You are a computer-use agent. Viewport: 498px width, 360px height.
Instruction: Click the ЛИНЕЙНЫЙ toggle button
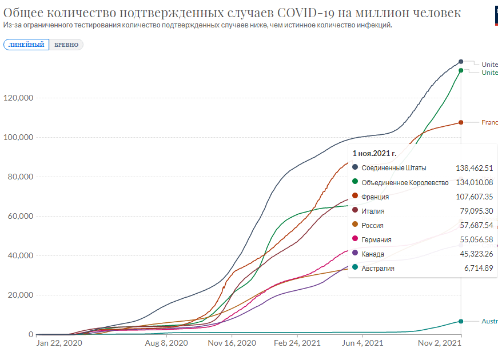(x=26, y=45)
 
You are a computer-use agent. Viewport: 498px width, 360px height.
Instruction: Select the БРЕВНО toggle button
(x=66, y=45)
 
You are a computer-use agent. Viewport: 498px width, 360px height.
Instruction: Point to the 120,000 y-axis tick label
(x=18, y=98)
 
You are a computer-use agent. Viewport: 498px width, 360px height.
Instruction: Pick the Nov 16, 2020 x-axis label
(x=232, y=343)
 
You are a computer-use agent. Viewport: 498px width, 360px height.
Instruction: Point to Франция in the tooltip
(x=375, y=197)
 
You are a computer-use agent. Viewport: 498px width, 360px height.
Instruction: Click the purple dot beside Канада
(x=355, y=254)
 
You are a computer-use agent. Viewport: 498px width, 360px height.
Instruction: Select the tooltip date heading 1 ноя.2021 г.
(x=375, y=153)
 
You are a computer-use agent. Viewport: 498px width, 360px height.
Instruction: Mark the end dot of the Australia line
(x=461, y=321)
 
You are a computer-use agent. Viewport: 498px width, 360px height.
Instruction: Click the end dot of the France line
(x=461, y=122)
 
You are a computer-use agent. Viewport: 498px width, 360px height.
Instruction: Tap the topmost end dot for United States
(x=461, y=62)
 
